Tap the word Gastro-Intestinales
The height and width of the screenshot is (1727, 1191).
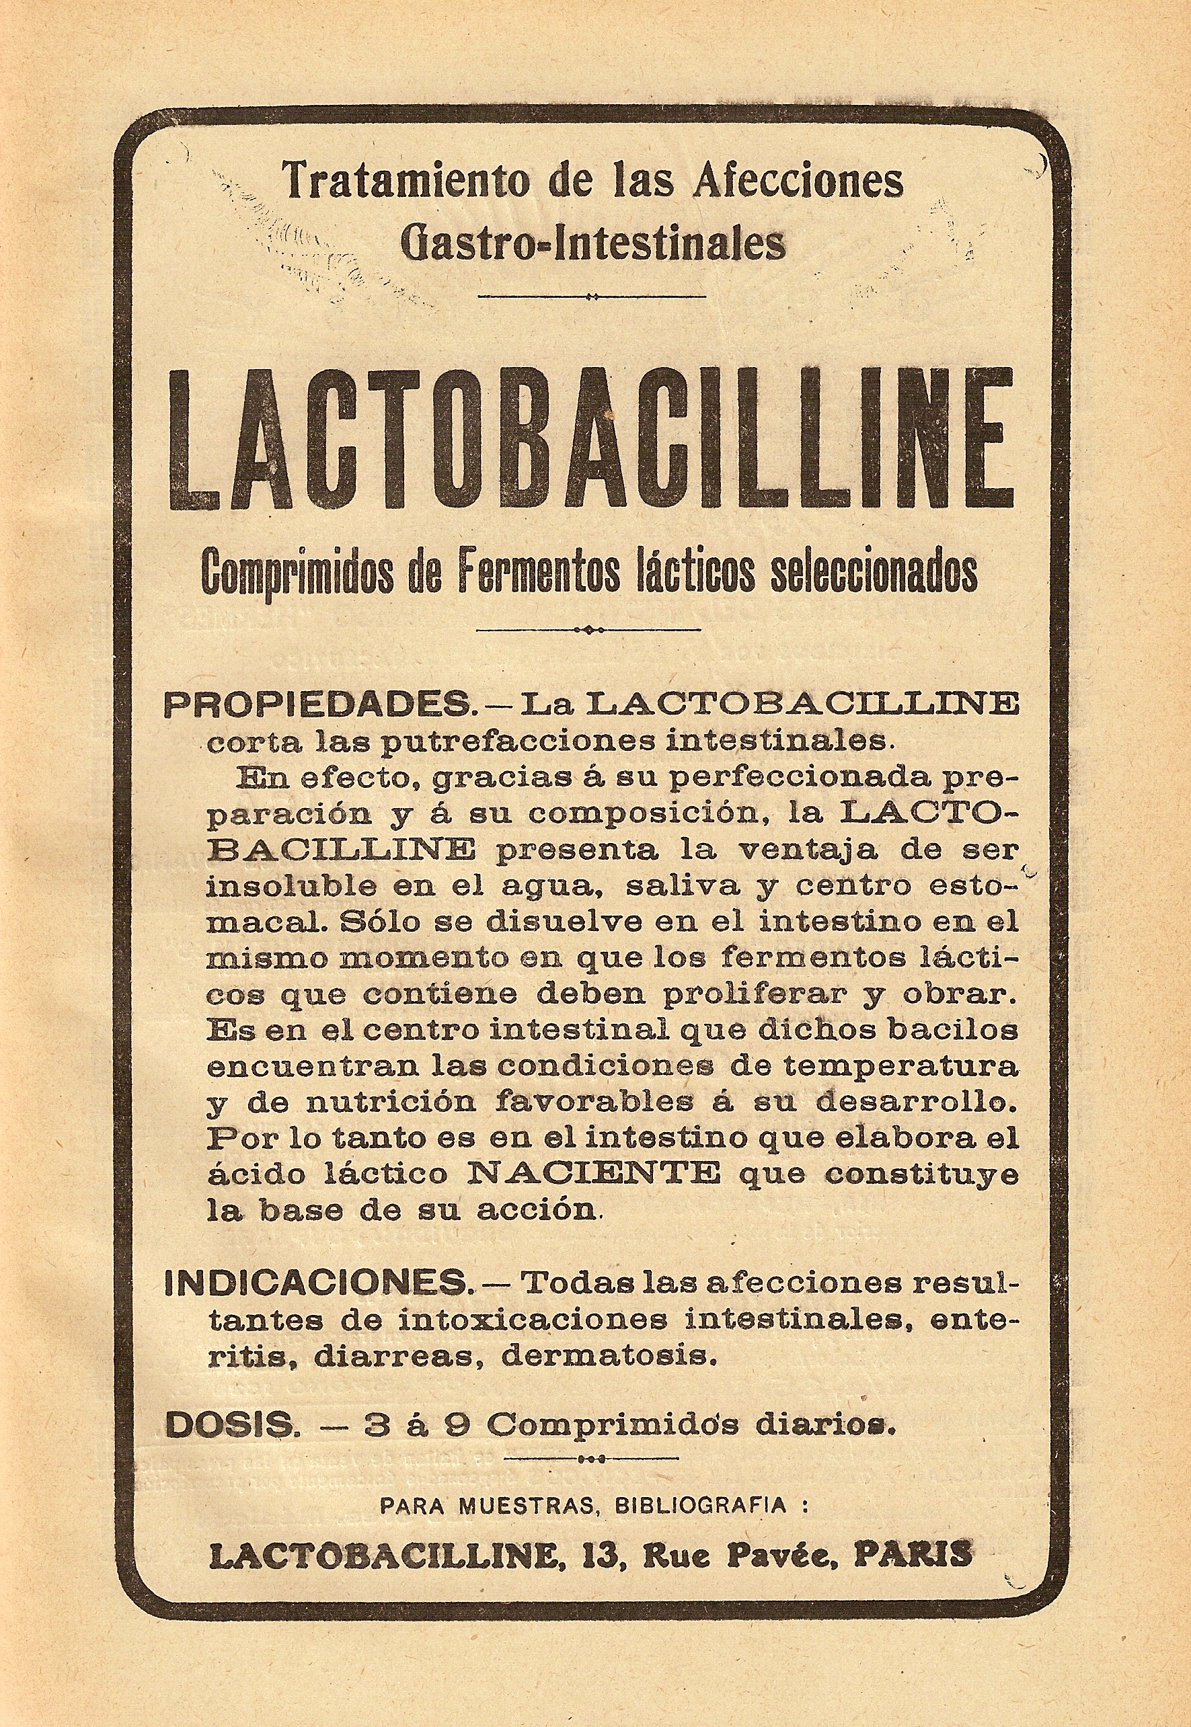(593, 243)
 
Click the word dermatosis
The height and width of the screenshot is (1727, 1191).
(609, 1355)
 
